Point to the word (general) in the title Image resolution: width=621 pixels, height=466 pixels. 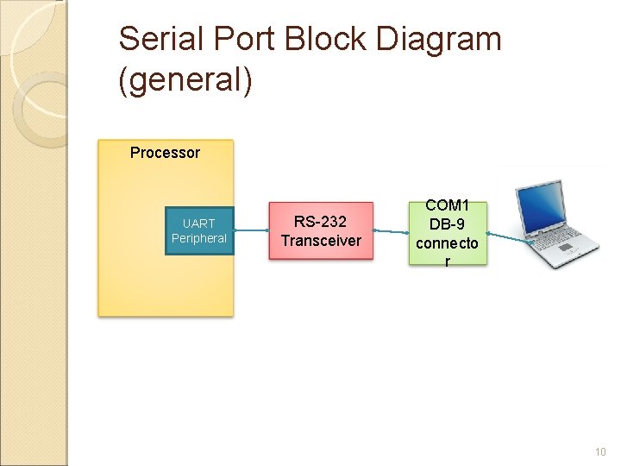tap(185, 81)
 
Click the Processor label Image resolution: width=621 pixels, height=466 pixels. tap(165, 153)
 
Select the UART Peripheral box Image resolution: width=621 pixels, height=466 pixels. tap(199, 230)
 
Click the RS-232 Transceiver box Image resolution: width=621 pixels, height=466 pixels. tap(321, 231)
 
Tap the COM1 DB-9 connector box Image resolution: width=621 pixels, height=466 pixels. tap(447, 233)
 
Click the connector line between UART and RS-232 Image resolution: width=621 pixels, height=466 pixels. tap(252, 230)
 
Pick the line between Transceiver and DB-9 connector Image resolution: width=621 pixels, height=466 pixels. tap(391, 231)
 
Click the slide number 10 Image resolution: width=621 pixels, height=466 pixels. tap(600, 452)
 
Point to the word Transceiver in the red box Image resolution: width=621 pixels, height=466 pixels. tap(321, 241)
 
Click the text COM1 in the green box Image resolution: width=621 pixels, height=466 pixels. tap(447, 206)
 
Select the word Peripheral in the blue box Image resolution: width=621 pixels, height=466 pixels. tap(199, 238)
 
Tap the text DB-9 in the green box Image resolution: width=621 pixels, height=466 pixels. tap(447, 224)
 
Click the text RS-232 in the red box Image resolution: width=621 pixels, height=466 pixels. tap(321, 222)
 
